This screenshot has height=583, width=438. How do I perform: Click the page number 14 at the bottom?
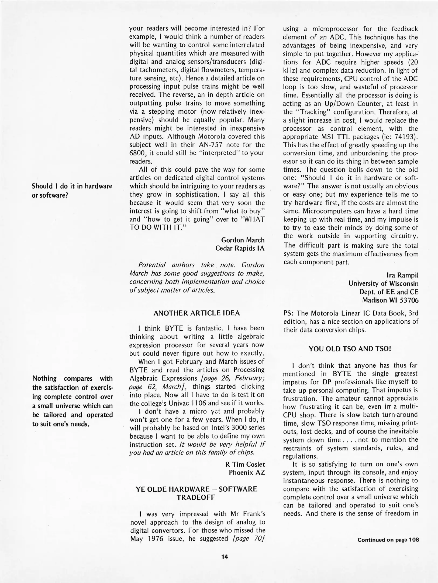pyautogui.click(x=225, y=556)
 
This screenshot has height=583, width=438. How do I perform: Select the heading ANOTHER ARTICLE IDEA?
pyautogui.click(x=196, y=313)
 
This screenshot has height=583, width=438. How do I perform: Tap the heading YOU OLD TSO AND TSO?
pyautogui.click(x=350, y=349)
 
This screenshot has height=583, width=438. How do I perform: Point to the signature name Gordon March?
pyautogui.click(x=243, y=240)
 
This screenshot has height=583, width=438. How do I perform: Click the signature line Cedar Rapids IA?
pyautogui.click(x=240, y=248)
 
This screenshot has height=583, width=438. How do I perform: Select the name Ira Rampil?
pyautogui.click(x=402, y=275)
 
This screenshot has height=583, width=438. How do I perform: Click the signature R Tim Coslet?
pyautogui.click(x=245, y=464)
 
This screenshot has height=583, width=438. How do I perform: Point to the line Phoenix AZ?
pyautogui.click(x=247, y=472)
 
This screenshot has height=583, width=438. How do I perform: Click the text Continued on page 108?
pyautogui.click(x=388, y=540)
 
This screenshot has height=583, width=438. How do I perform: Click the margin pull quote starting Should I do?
pyautogui.click(x=72, y=190)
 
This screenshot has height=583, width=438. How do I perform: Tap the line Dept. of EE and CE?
pyautogui.click(x=389, y=292)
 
